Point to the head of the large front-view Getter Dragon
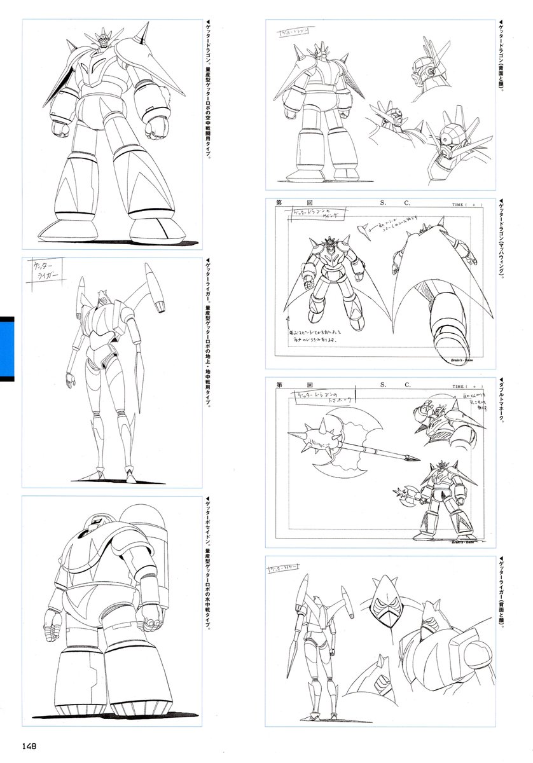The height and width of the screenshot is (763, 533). tap(103, 40)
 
